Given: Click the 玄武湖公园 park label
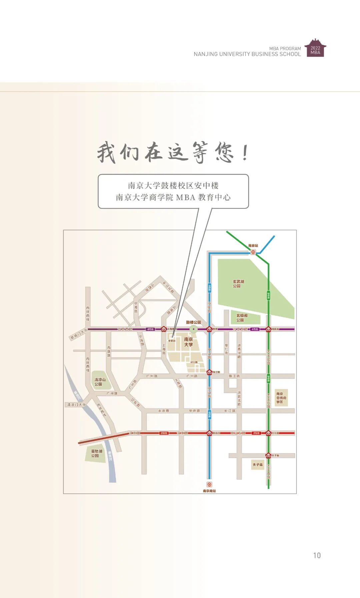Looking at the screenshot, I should pos(238,284).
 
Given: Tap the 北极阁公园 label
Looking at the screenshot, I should pos(242,318).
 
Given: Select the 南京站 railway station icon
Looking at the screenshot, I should pos(253,252).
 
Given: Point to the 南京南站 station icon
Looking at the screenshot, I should pos(209,484).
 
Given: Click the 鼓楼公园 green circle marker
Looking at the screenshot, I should pos(193,329).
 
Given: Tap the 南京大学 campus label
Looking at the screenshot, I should pos(188,342).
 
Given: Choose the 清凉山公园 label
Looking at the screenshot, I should pos(100,382).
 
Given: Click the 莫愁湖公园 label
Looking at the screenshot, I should pos(96,453).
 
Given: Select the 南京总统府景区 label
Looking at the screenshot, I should pos(281,398).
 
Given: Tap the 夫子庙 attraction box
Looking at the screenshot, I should pos(257,464).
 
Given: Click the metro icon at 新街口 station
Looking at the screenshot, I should pos(209,433).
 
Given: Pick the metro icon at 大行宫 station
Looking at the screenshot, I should pos(268,433).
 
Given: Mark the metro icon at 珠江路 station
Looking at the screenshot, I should pos(209,372).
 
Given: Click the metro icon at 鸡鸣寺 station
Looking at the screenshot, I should pos(268,329).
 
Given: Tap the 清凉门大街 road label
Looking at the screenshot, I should pos(76,405).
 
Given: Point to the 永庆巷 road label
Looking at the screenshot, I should pos(163,411).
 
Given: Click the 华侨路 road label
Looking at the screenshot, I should pos(194,411).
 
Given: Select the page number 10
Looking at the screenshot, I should pos(317,555).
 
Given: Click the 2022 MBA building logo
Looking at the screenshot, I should pos(315,48).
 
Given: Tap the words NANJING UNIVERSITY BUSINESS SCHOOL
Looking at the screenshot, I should pos(247,54).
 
